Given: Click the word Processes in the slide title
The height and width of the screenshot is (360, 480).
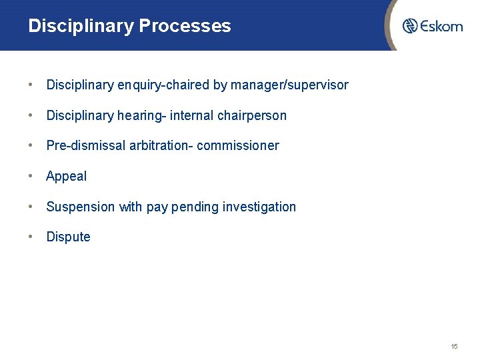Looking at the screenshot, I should point(185,26).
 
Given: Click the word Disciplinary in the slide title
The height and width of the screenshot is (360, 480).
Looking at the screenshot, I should point(81,26).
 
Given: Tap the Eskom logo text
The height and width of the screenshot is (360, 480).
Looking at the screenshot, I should point(441,27).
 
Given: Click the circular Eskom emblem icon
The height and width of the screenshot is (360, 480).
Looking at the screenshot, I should point(410,26).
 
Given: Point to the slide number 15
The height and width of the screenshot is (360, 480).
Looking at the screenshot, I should point(454,346).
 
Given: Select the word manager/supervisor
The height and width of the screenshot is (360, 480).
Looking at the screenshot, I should point(289,85).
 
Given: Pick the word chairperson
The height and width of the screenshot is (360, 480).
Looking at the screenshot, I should point(252,116).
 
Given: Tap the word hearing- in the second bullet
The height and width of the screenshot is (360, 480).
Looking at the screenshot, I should point(142,116).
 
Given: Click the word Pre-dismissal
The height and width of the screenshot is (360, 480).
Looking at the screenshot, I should point(84,146).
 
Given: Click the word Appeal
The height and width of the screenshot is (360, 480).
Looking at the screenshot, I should point(66,177).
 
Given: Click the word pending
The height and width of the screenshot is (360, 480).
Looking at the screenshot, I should point(195,207).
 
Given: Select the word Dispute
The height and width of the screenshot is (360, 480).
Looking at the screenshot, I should point(68,237).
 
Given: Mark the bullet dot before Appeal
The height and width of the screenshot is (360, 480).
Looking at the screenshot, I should point(31,176).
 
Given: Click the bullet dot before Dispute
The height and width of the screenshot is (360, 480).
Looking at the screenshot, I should point(31,237).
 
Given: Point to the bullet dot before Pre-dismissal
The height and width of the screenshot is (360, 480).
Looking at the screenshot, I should point(31,145).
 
